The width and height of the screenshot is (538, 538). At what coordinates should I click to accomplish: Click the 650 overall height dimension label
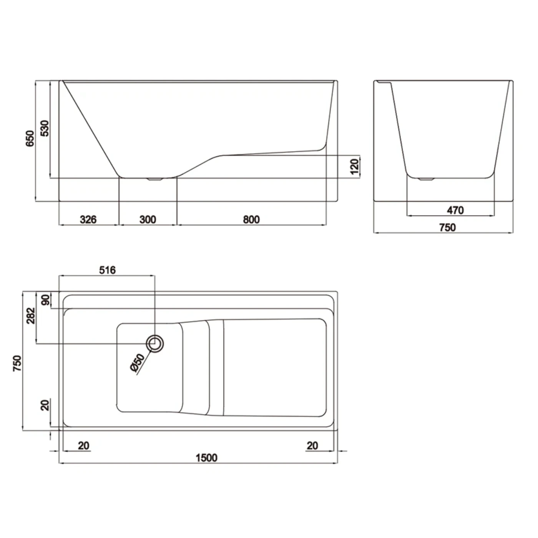click(x=30, y=138)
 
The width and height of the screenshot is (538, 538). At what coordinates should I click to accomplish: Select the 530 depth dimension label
click(x=45, y=128)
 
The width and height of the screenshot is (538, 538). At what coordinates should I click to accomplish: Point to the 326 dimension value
click(x=88, y=219)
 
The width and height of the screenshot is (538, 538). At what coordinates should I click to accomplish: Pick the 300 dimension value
click(x=148, y=219)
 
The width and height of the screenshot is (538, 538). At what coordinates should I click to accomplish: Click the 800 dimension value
click(x=251, y=219)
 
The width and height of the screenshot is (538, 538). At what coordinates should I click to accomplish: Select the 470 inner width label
click(x=455, y=210)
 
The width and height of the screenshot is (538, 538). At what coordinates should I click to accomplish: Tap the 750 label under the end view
click(x=448, y=227)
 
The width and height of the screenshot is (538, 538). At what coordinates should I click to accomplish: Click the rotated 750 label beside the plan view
click(x=17, y=363)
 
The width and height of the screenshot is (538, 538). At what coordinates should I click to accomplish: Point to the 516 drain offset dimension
click(x=108, y=270)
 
